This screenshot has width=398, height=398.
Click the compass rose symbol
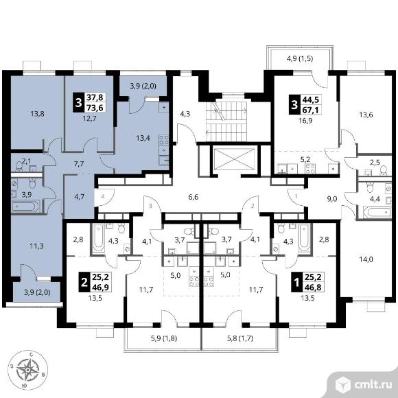(x=27, y=370)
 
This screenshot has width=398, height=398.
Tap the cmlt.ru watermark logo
(x=362, y=384)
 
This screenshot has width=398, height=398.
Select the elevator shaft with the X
(x=234, y=159)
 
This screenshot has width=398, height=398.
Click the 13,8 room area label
(x=37, y=114)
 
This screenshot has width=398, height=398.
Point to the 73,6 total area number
(x=95, y=108)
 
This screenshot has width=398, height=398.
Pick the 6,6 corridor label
(x=193, y=197)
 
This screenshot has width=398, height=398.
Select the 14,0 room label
(x=366, y=259)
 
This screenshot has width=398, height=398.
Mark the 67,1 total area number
(x=311, y=110)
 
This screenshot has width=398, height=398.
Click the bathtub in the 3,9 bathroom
(x=25, y=206)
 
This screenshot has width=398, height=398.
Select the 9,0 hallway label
(x=331, y=199)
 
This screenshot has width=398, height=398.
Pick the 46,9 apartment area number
(x=100, y=288)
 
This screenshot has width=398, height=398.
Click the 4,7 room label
(x=80, y=197)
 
